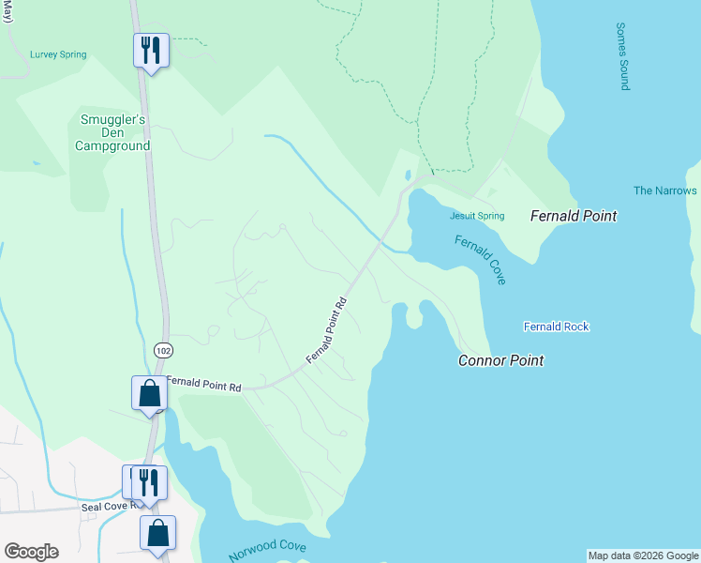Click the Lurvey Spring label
(x=58, y=54)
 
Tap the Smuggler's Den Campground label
(x=112, y=132)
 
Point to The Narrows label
(x=664, y=190)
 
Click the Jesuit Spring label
(x=477, y=216)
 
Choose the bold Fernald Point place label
(x=574, y=216)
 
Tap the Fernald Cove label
(x=481, y=260)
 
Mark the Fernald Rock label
(x=556, y=327)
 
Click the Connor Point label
(x=500, y=360)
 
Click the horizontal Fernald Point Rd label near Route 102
(x=203, y=386)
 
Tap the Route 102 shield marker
(x=163, y=349)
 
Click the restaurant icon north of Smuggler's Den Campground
(x=150, y=49)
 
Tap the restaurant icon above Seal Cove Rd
(x=149, y=481)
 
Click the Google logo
(x=31, y=552)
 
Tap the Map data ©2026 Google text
(x=643, y=555)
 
